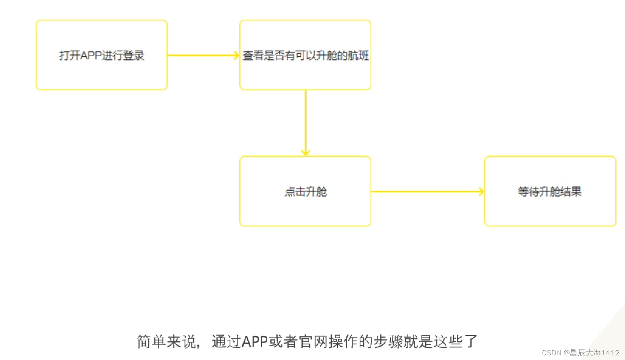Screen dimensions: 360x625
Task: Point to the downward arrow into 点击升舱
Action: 306,122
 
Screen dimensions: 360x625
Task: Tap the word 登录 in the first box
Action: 134,56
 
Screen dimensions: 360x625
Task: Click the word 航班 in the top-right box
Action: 358,56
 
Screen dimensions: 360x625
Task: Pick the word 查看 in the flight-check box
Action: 253,56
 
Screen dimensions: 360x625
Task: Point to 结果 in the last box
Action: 571,191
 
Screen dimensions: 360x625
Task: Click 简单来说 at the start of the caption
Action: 166,342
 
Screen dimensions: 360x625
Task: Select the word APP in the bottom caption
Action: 255,342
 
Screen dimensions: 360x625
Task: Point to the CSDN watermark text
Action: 552,353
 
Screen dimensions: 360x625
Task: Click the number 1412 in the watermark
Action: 610,353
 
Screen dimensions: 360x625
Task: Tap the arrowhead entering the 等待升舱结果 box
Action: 482,191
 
